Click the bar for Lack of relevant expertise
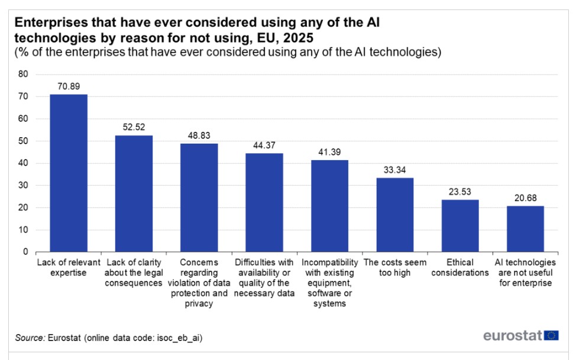[69, 173]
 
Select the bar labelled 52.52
[134, 193]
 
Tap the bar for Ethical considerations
[460, 225]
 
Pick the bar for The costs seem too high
[395, 215]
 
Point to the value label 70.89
[69, 86]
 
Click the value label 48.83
[199, 135]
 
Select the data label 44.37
[264, 145]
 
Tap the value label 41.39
[330, 152]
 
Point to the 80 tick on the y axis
[23, 74]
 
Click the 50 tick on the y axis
[23, 141]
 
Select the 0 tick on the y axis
[25, 252]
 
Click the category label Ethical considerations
[460, 267]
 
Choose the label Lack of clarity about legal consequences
[134, 273]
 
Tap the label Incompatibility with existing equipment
[330, 283]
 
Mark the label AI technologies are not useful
[525, 273]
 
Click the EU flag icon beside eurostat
[552, 336]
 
